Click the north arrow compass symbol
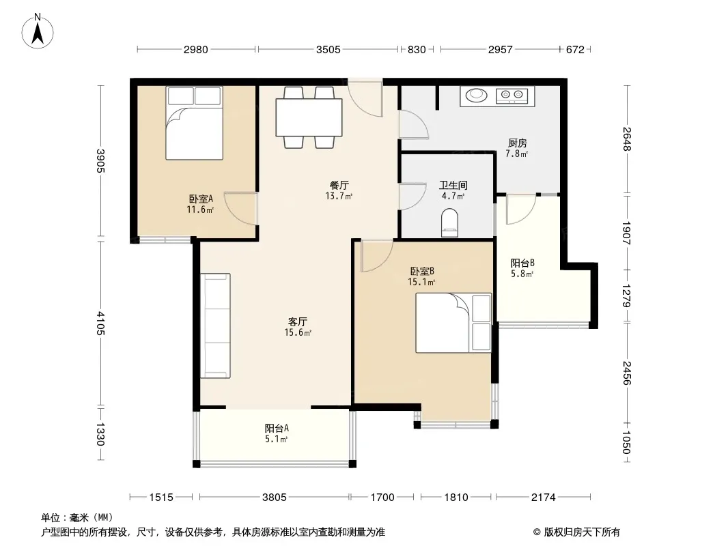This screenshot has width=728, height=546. click(x=38, y=31)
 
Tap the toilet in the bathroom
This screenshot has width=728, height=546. click(x=449, y=222)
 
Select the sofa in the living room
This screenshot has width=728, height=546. click(x=215, y=326)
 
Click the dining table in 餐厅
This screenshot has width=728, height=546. click(x=309, y=117)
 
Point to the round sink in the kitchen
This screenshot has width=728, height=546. click(x=475, y=95)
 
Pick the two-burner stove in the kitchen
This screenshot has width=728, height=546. click(x=512, y=96)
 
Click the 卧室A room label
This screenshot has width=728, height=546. click(x=201, y=199)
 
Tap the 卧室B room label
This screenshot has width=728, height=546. click(x=422, y=271)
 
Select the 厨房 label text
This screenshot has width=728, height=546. click(x=517, y=143)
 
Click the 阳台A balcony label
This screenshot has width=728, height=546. click(x=277, y=428)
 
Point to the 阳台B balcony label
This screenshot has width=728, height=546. click(x=522, y=263)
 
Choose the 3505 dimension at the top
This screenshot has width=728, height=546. click(x=328, y=49)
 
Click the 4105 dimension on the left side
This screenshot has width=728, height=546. click(x=101, y=324)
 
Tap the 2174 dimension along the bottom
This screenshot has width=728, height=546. click(x=543, y=498)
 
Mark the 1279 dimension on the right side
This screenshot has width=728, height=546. click(x=626, y=296)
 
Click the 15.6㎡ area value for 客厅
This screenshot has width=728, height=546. click(x=298, y=332)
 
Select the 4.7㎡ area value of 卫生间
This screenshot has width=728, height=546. click(x=453, y=196)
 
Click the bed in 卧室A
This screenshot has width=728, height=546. click(x=194, y=123)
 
